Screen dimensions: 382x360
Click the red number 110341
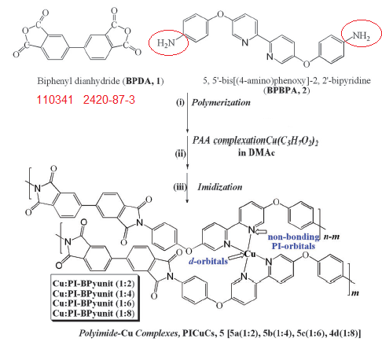pyautogui.click(x=54, y=100)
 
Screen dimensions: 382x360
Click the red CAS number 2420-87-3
pyautogui.click(x=109, y=100)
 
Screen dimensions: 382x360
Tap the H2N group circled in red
pyautogui.click(x=166, y=42)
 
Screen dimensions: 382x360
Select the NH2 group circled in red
pyautogui.click(x=362, y=35)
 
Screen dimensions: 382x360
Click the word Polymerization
pyautogui.click(x=221, y=102)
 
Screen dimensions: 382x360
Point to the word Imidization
pyautogui.click(x=220, y=187)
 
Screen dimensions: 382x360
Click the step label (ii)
pyautogui.click(x=181, y=153)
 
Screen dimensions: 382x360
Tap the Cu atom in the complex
pyautogui.click(x=250, y=254)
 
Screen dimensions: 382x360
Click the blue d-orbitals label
pyautogui.click(x=208, y=261)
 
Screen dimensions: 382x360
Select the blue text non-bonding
pyautogui.click(x=293, y=237)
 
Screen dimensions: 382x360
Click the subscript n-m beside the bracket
pyautogui.click(x=332, y=237)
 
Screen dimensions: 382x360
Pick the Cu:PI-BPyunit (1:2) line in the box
pyautogui.click(x=94, y=284)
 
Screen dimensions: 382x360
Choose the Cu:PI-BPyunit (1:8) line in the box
pyautogui.click(x=94, y=314)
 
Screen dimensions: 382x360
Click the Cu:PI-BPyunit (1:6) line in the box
pyautogui.click(x=94, y=303)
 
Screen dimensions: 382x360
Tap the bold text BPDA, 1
pyautogui.click(x=143, y=81)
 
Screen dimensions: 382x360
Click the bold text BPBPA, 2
pyautogui.click(x=287, y=90)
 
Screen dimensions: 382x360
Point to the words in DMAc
pyautogui.click(x=256, y=152)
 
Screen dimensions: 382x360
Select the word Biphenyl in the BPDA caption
pyautogui.click(x=54, y=81)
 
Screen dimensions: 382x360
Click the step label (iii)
pyautogui.click(x=180, y=187)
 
